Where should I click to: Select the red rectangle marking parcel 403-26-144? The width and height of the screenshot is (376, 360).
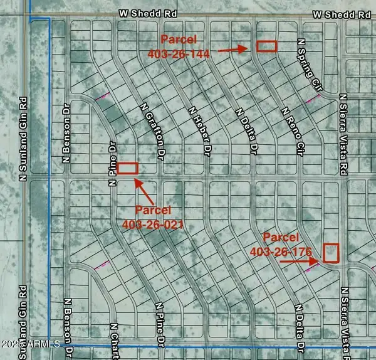(266, 46)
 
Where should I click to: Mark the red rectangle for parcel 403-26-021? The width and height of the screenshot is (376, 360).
(127, 167)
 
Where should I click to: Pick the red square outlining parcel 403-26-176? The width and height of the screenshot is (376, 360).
(330, 253)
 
